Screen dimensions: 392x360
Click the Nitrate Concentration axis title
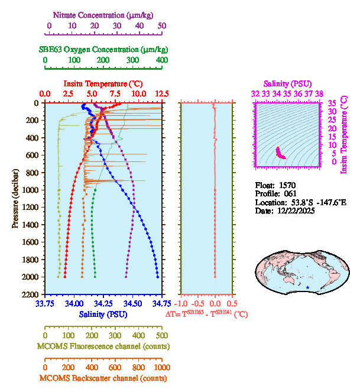[x=105, y=14]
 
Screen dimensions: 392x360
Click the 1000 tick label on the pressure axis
[x=30, y=190]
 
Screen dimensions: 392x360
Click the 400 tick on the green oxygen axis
[x=161, y=60]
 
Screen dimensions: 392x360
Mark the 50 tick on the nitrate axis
[x=161, y=25]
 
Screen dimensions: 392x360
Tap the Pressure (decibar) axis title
[x=15, y=199]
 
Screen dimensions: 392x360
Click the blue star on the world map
[x=307, y=287]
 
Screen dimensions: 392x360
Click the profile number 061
[x=289, y=194]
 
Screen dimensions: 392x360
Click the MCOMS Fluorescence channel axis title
[x=103, y=346]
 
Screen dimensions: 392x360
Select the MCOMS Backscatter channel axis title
[x=103, y=378]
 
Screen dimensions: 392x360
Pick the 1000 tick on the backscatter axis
[x=161, y=367]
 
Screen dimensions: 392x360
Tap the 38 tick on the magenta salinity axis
[x=320, y=93]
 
